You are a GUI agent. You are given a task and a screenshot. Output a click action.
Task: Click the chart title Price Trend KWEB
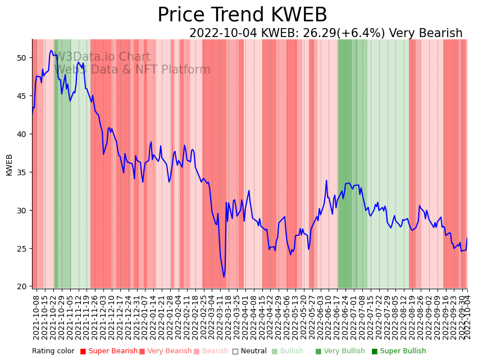pyautogui.click(x=242, y=15)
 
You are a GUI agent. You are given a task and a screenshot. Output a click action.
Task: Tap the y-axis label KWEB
pyautogui.click(x=9, y=165)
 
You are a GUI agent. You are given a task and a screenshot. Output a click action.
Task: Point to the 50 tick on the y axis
pyautogui.click(x=21, y=58)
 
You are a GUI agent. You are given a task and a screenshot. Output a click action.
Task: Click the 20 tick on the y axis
pyautogui.click(x=21, y=286)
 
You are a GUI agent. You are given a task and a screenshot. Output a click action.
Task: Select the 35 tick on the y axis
pyautogui.click(x=21, y=172)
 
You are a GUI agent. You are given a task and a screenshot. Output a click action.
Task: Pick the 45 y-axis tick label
pyautogui.click(x=21, y=96)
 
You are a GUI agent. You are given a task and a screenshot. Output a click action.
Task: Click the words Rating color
pyautogui.click(x=53, y=352)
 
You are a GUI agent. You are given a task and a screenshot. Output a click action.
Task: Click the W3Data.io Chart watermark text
pyautogui.click(x=103, y=57)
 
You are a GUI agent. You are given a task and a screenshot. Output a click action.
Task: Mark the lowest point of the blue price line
pyautogui.click(x=224, y=277)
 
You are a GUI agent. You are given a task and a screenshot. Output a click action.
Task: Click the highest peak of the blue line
pyautogui.click(x=51, y=51)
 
